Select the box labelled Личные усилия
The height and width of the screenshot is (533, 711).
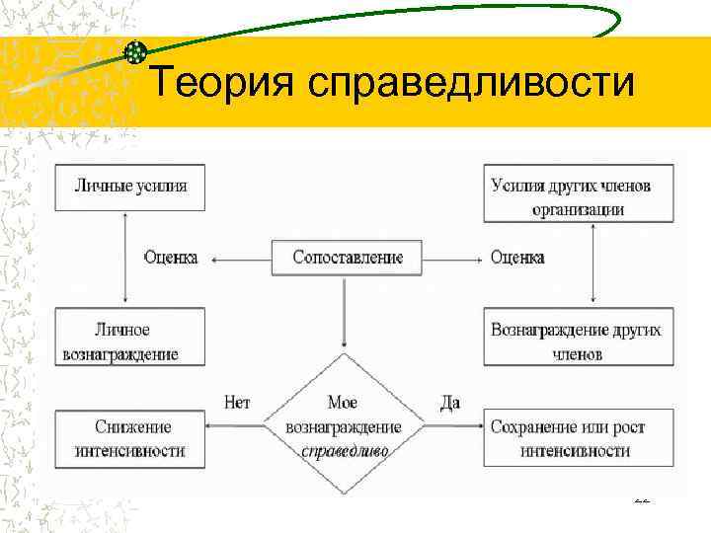coord(131,185)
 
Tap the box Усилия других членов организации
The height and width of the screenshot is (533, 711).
coord(579,196)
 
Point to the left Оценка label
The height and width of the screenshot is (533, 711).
coord(170,258)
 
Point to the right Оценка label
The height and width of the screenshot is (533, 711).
coord(517,258)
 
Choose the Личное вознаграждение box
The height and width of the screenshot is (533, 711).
coord(131,341)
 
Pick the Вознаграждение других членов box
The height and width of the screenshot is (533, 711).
coord(579,341)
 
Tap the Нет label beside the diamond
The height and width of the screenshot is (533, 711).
coord(238,403)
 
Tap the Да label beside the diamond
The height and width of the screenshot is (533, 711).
coord(449,403)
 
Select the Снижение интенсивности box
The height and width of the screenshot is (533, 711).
coord(131,438)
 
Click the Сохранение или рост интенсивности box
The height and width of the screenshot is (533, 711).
coord(579,438)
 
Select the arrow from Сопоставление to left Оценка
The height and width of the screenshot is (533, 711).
coord(241,259)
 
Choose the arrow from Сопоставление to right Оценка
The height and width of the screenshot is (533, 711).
coord(452,259)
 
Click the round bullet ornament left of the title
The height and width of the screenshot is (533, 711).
coord(136,51)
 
